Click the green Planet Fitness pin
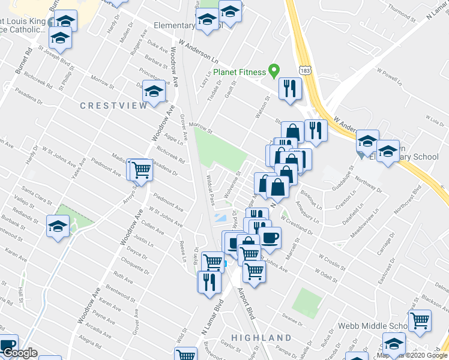point(274,71)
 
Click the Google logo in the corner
point(19,353)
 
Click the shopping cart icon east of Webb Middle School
point(420,320)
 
